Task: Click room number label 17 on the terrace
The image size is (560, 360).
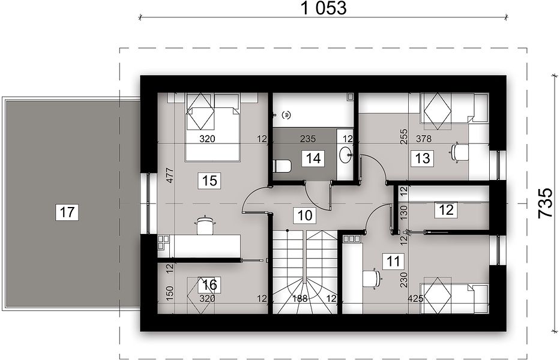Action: (x=67, y=212)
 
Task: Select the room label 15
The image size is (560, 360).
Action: (x=209, y=181)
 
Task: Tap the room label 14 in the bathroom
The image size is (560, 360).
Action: (x=313, y=158)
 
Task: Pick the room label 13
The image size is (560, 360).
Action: (x=423, y=158)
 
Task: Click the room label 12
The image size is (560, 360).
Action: (x=446, y=209)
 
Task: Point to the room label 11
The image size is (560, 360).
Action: (x=393, y=261)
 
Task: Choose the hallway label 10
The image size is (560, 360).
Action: (x=305, y=215)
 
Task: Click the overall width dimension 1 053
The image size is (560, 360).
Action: (x=324, y=8)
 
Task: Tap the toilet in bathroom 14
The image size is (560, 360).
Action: (x=282, y=166)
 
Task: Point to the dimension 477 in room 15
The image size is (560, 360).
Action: (x=170, y=175)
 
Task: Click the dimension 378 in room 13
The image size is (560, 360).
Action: (x=424, y=139)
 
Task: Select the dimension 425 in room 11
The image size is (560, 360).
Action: (x=416, y=298)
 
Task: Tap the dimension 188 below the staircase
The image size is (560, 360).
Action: (x=300, y=299)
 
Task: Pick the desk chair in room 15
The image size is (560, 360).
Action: (x=204, y=225)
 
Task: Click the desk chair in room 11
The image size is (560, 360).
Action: (x=372, y=278)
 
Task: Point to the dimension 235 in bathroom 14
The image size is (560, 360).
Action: (x=308, y=139)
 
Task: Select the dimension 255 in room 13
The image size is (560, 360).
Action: (x=403, y=136)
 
